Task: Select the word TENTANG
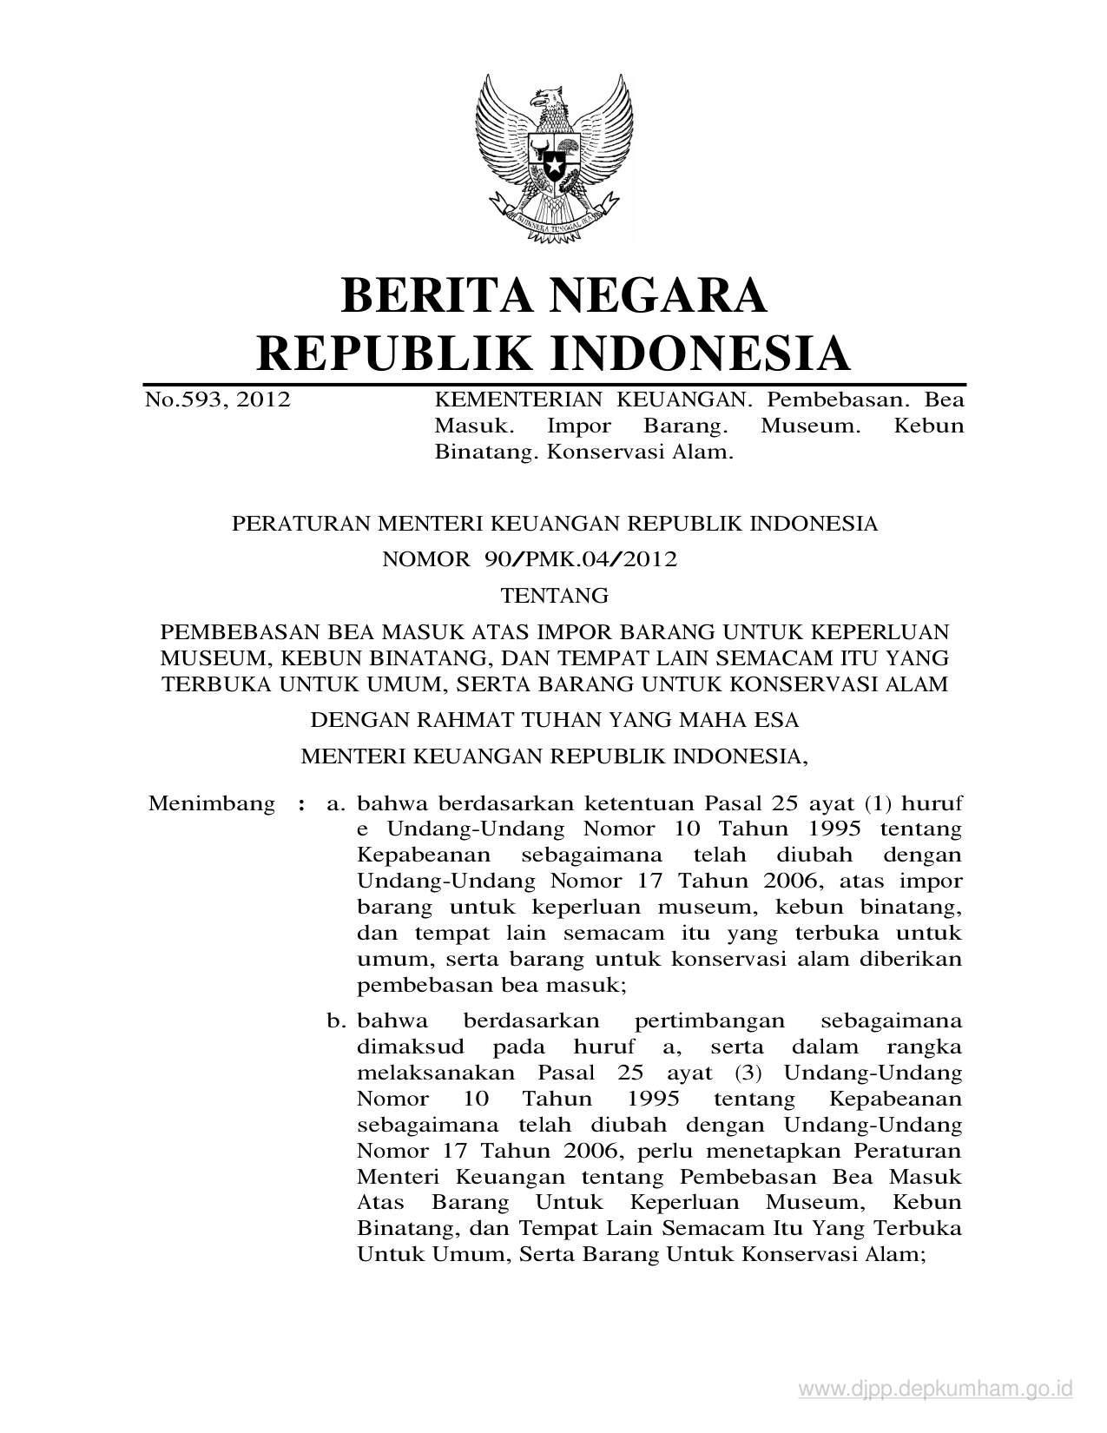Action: pos(555,596)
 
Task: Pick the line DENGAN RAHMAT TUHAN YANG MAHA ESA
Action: pos(555,720)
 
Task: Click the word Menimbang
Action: pos(212,803)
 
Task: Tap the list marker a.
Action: pos(334,804)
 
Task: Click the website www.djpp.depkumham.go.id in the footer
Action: pos(936,1390)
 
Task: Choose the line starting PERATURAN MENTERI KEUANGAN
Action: pos(554,524)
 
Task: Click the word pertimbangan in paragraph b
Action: pos(710,1021)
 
